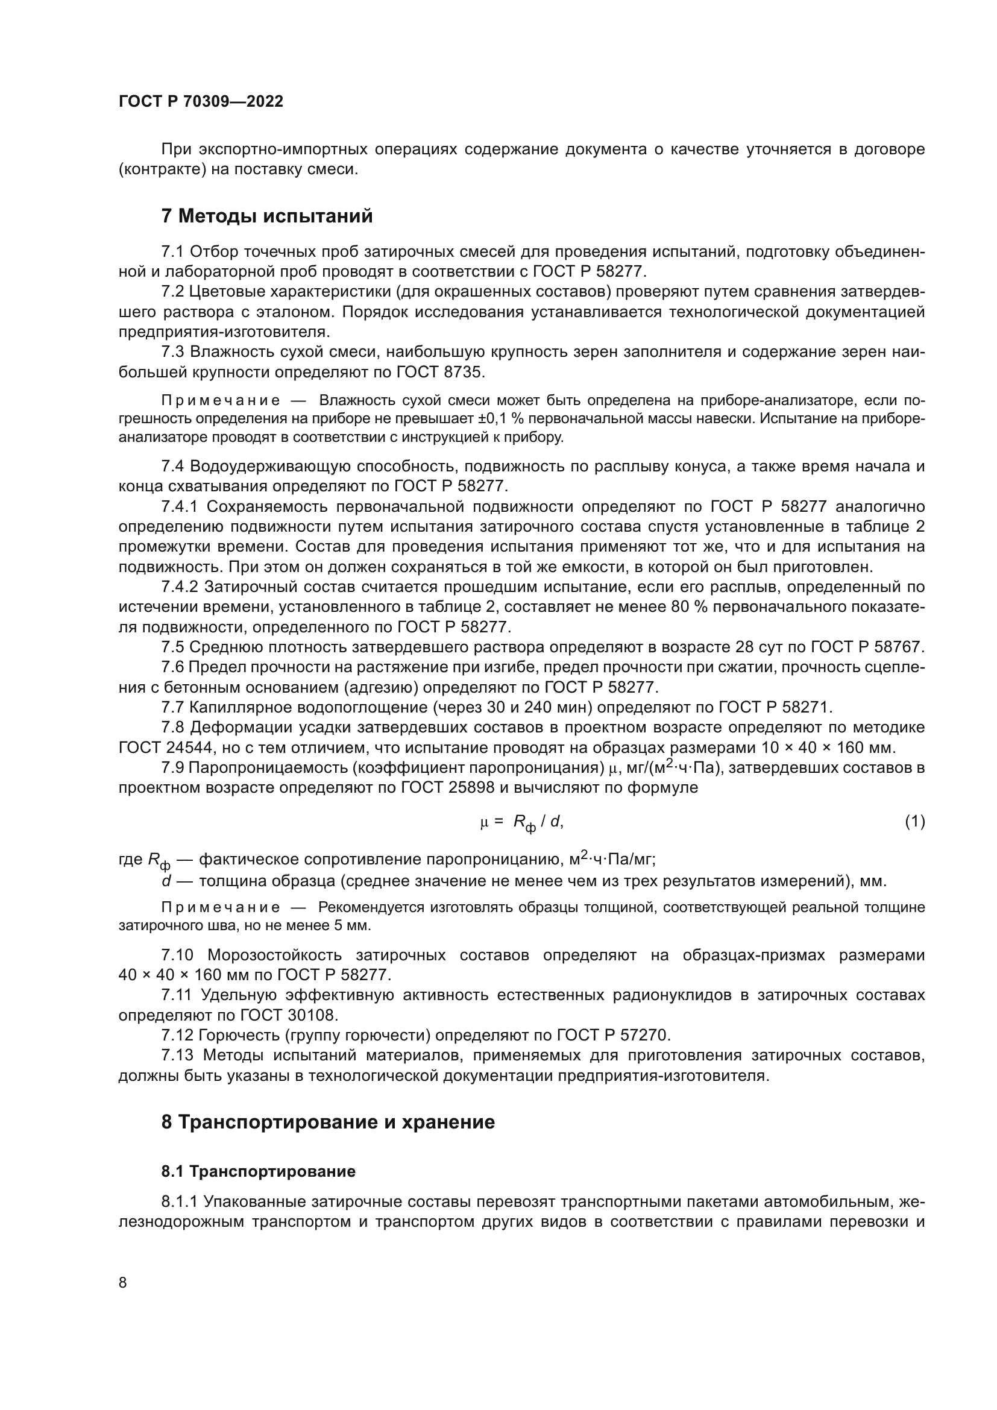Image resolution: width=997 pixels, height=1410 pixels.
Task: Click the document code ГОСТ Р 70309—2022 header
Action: coord(201,102)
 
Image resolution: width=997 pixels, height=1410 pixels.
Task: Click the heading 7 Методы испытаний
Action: coord(267,216)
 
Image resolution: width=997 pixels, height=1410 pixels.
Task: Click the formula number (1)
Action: coord(915,821)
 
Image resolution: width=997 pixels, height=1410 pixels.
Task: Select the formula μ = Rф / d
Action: coord(521,822)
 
